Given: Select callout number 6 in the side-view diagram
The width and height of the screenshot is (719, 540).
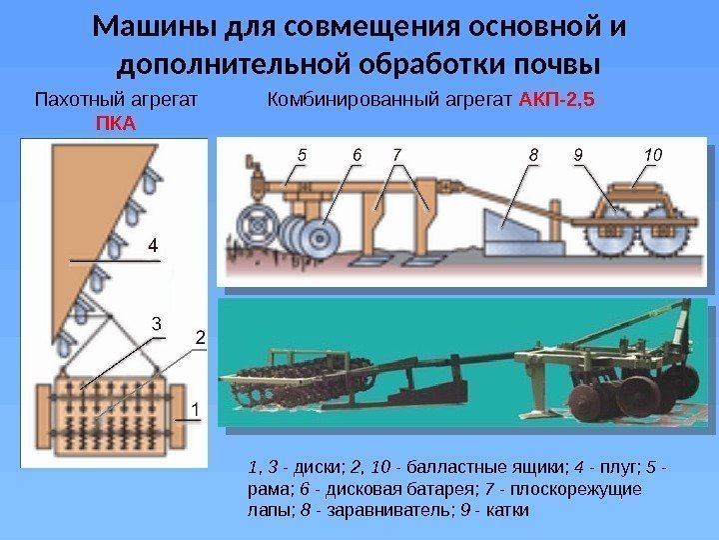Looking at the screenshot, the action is (x=357, y=155).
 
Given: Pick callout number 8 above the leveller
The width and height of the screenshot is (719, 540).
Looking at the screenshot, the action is (x=533, y=155).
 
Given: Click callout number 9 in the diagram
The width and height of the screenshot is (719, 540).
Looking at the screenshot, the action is (x=578, y=155).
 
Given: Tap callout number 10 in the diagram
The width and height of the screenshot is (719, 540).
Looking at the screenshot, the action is (x=652, y=155).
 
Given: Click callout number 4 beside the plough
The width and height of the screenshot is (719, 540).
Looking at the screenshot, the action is (x=153, y=244).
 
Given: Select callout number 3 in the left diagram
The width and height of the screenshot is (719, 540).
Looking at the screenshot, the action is (x=156, y=323).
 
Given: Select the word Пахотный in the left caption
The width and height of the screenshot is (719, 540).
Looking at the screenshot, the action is (x=75, y=100).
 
